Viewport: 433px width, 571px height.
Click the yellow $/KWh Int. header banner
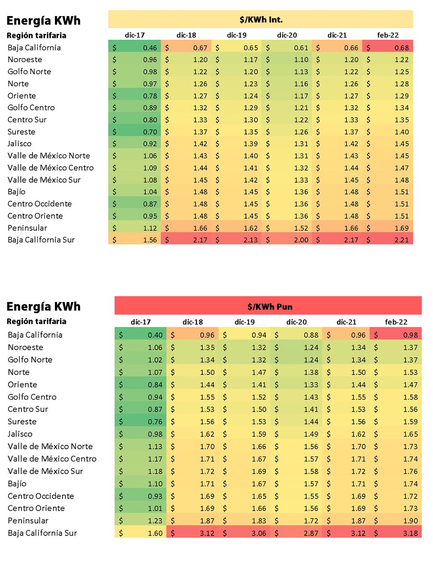tap(261, 19)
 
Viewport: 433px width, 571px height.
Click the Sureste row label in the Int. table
tap(22, 132)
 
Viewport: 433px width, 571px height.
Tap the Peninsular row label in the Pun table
tap(28, 521)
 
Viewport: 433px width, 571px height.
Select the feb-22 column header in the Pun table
tap(396, 322)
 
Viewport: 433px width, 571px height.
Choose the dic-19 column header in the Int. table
tap(237, 36)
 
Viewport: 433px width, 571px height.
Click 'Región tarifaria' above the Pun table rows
tap(36, 321)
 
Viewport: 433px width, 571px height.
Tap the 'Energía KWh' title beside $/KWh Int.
tap(44, 21)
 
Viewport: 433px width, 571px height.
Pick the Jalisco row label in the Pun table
tap(20, 434)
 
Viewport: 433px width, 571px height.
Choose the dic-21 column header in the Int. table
tap(337, 36)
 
